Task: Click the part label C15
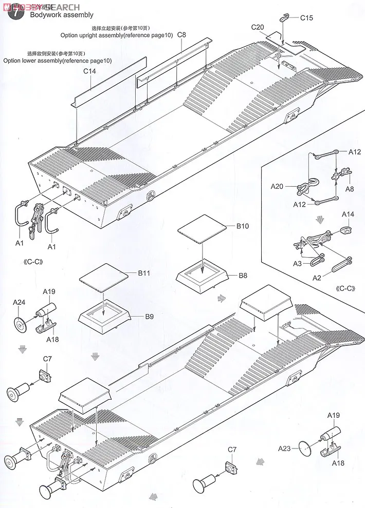pyautogui.click(x=306, y=18)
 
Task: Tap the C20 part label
pyautogui.click(x=258, y=27)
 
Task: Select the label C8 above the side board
pyautogui.click(x=181, y=35)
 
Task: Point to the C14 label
pyautogui.click(x=89, y=71)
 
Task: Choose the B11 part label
pyautogui.click(x=143, y=274)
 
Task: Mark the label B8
pyautogui.click(x=243, y=275)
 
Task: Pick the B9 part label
pyautogui.click(x=149, y=317)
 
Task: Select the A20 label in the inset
pyautogui.click(x=278, y=187)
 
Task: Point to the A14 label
pyautogui.click(x=348, y=214)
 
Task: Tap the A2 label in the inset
pyautogui.click(x=319, y=278)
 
